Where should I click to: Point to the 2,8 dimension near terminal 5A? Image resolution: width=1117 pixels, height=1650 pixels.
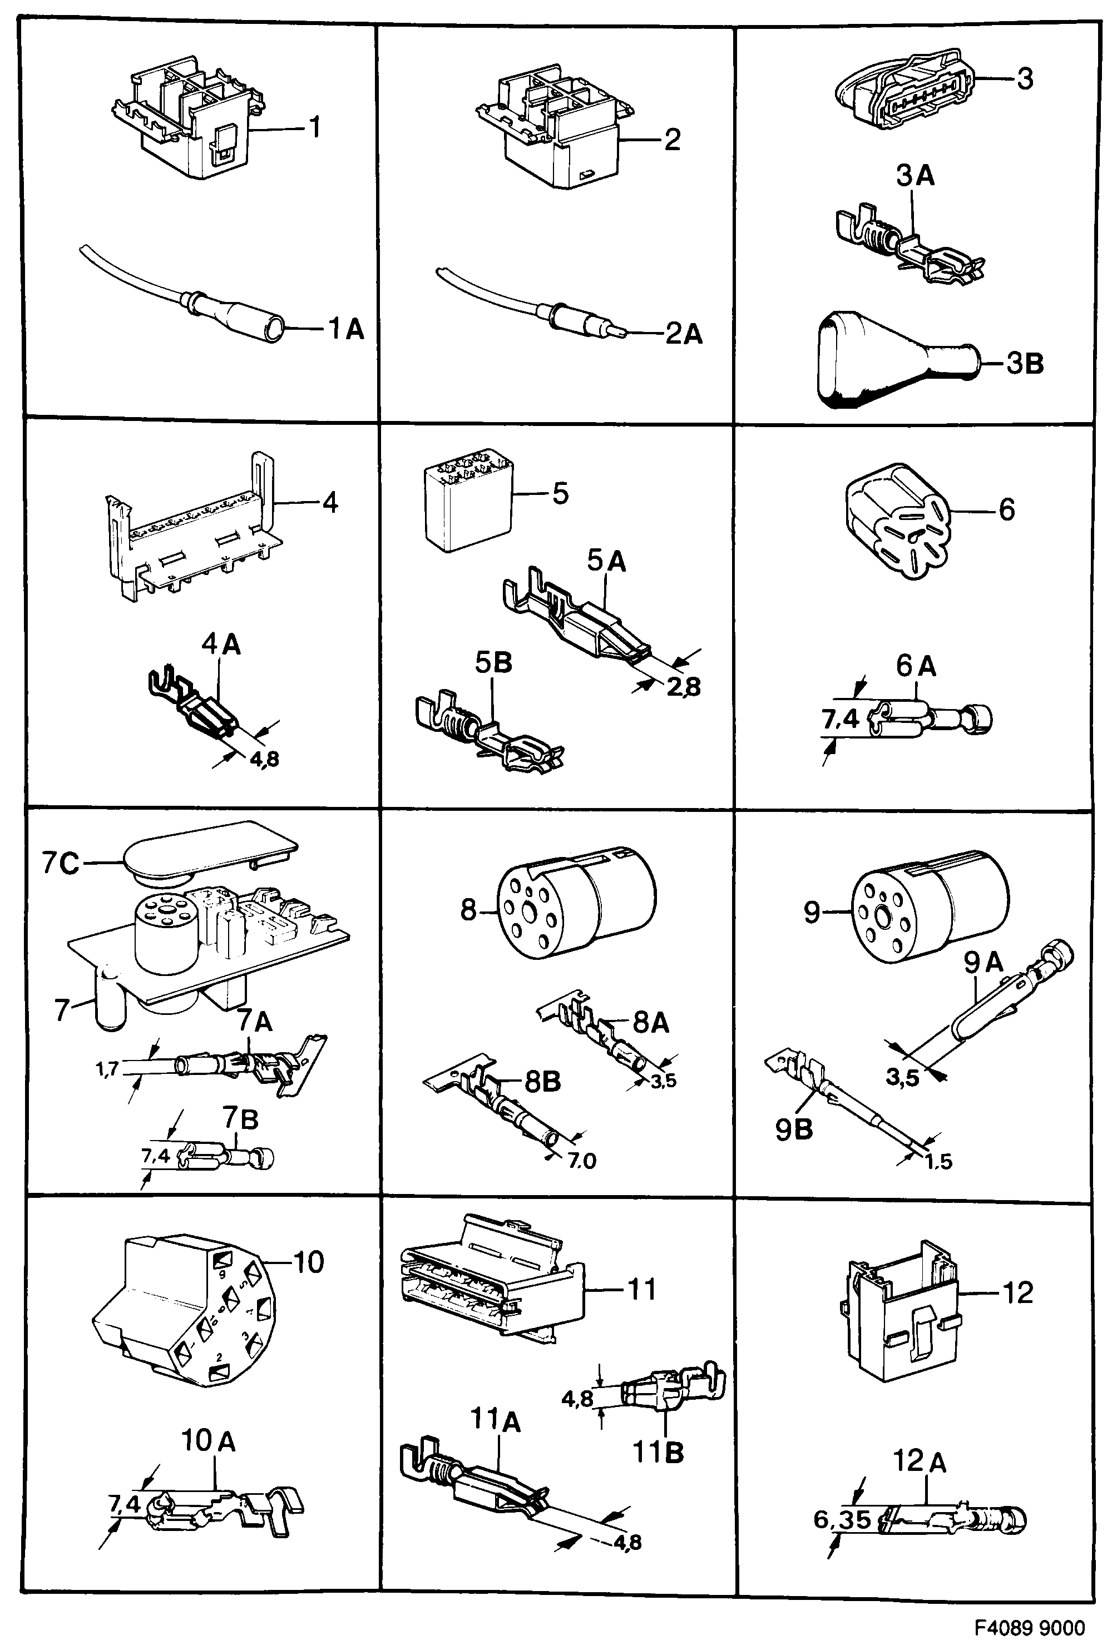point(683,687)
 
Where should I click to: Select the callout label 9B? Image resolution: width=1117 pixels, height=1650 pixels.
point(793,1129)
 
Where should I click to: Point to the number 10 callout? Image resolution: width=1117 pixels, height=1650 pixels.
point(308,1262)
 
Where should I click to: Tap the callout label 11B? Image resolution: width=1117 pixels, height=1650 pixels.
point(658,1452)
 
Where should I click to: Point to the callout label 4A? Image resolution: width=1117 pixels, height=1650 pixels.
point(221,644)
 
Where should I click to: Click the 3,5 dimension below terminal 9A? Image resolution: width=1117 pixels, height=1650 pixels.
point(902,1078)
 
